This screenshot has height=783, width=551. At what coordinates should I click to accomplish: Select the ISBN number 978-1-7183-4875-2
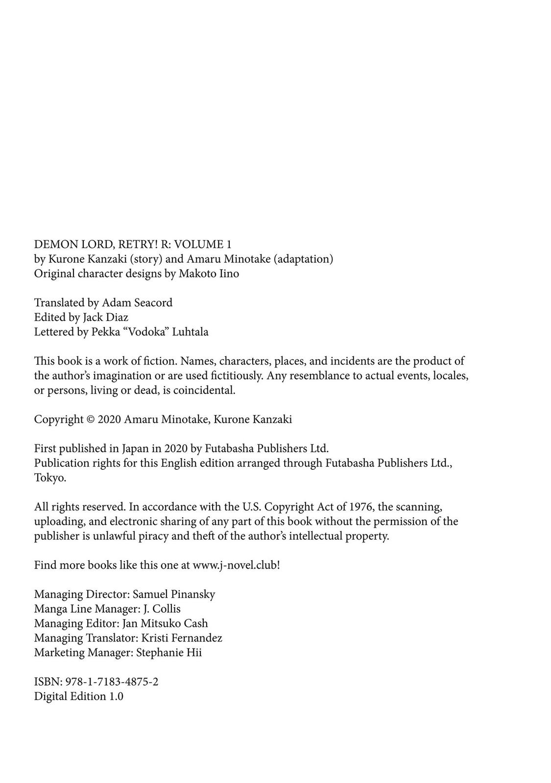point(110,682)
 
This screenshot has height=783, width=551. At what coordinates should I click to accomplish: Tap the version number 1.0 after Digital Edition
point(116,696)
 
